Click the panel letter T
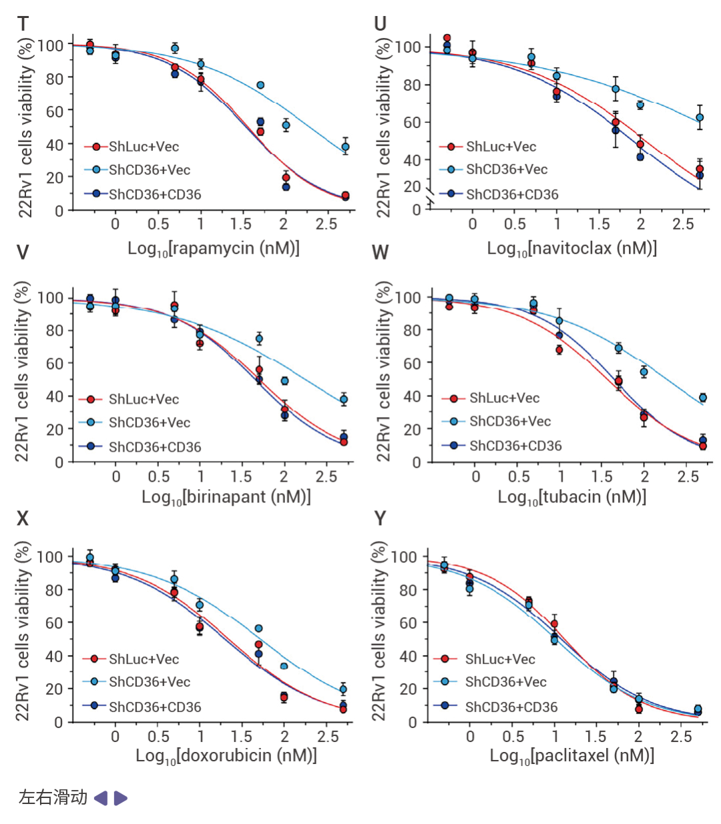23,24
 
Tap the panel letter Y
380,518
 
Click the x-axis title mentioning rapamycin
214,248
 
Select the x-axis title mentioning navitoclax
571,248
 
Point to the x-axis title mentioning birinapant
226,496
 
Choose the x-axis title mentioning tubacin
571,496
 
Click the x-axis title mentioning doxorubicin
226,755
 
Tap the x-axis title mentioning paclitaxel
571,755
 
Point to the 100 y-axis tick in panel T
50,45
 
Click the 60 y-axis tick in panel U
412,122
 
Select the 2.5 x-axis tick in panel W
688,476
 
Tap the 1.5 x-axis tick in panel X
242,736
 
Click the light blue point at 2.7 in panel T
345,147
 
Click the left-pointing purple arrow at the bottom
101,798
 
